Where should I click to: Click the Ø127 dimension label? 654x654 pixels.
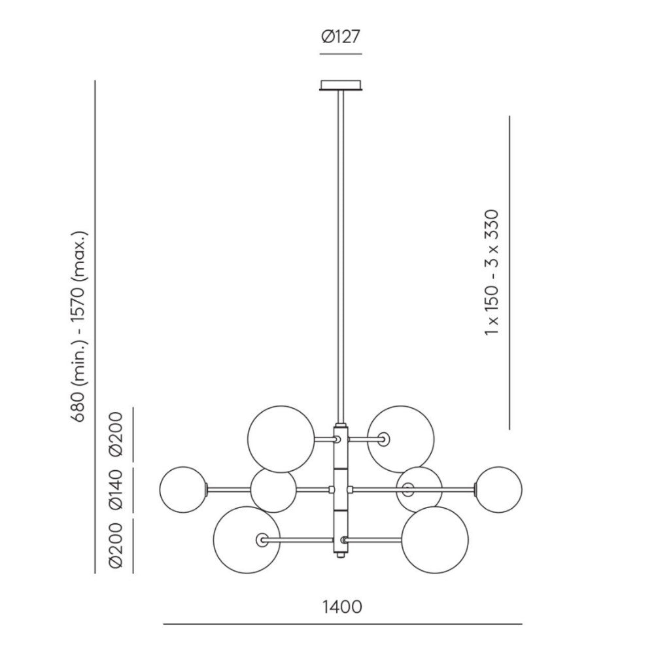340,37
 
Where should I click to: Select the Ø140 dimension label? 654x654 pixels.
116,489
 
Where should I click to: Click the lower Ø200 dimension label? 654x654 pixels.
116,545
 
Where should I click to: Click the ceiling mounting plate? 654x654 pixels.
341,86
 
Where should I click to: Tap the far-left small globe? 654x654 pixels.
183,489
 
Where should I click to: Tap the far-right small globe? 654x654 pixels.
499,489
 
